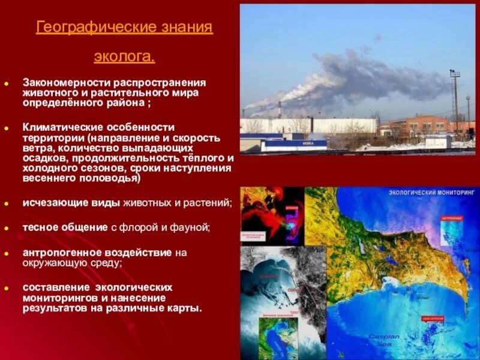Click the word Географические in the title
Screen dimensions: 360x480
(x=83, y=28)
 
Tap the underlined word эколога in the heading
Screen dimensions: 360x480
(x=124, y=57)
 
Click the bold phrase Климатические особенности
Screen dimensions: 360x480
(x=99, y=127)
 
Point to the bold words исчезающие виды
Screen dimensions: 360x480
(x=71, y=203)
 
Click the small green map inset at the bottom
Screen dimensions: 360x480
(x=278, y=338)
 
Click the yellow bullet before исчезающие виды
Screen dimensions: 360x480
(x=7, y=203)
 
